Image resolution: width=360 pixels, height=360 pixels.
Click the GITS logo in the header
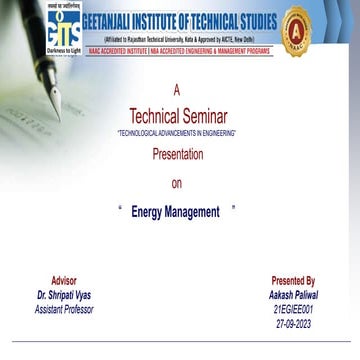click(63, 27)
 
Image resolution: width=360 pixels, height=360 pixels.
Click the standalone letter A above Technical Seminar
click(177, 91)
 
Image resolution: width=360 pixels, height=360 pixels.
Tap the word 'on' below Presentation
click(177, 183)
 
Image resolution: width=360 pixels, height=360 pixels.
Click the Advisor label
click(63, 281)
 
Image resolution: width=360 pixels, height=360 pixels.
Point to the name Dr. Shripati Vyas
click(63, 295)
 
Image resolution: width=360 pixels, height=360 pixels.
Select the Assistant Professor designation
click(63, 309)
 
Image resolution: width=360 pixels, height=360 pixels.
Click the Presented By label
click(293, 281)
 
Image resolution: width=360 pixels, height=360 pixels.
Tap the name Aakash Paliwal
click(293, 295)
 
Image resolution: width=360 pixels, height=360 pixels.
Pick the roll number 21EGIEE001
click(293, 309)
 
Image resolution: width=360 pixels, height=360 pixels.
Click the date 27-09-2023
click(293, 323)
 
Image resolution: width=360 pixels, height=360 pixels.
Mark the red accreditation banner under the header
click(179, 48)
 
